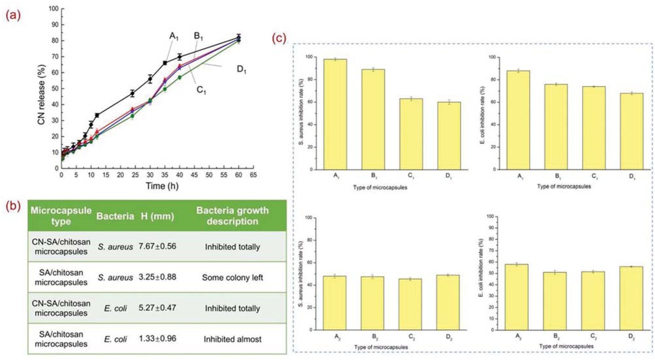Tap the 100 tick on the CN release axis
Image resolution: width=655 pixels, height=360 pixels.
[x=53, y=9]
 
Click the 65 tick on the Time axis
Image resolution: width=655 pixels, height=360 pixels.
[x=253, y=175]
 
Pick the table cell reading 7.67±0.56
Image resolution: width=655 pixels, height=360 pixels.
[x=158, y=246]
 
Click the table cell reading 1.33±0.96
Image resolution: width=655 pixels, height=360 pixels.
[x=158, y=339]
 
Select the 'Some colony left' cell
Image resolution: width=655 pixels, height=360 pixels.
[x=232, y=277]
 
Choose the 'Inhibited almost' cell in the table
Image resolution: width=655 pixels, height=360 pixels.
[x=232, y=339]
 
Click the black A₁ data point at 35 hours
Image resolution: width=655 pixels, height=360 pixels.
[x=165, y=63]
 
